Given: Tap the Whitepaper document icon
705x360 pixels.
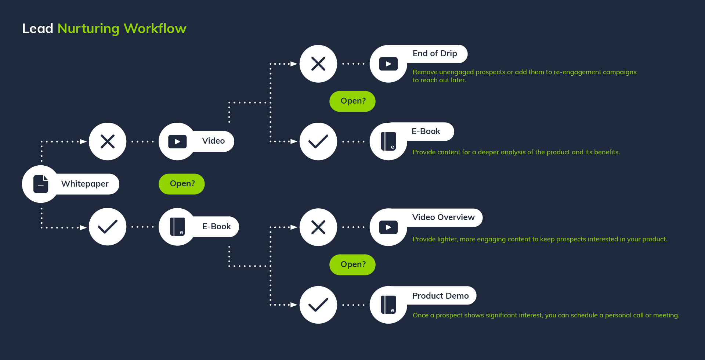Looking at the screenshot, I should (41, 184).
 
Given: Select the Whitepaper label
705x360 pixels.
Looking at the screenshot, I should (85, 184).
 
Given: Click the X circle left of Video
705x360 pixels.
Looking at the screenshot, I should (108, 141).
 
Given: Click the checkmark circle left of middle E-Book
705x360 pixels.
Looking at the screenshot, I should (108, 227).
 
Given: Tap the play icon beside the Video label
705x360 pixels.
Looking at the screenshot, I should (177, 141).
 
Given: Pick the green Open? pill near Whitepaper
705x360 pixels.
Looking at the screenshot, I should (182, 184).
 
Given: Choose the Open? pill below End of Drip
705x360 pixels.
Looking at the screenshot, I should (352, 101).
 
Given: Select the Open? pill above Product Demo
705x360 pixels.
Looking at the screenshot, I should (352, 264).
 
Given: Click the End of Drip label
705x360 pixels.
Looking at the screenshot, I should (435, 54).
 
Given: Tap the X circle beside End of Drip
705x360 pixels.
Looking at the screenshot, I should (318, 64).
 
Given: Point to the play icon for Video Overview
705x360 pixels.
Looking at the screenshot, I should (388, 227).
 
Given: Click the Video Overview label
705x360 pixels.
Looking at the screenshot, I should (443, 217).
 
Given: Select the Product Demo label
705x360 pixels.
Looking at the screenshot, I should (440, 296).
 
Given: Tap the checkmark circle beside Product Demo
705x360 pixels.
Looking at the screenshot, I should (318, 305).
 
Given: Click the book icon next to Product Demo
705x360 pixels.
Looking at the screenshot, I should (388, 305).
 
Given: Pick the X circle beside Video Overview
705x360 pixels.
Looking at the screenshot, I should (318, 227).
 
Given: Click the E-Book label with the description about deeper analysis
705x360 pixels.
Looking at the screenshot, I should (426, 132).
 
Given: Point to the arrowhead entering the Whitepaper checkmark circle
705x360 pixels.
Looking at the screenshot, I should (83, 227).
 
